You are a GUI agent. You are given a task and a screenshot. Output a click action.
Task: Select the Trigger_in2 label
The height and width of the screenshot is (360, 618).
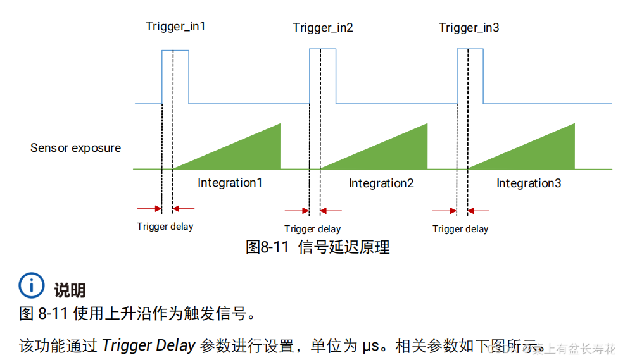point(323,28)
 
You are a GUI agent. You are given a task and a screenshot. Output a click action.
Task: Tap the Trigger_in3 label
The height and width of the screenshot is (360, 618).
point(469,28)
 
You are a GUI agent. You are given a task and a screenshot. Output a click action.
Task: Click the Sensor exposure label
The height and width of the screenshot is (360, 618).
point(75,148)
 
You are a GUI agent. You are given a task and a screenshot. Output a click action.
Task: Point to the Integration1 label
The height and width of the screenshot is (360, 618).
point(230,183)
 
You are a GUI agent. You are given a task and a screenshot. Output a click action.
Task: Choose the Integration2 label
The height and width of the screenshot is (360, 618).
point(381,183)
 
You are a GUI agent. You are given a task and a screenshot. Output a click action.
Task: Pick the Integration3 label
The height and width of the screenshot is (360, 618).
point(529,183)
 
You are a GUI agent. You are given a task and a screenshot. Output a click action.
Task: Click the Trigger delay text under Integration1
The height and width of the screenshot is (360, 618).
point(165,226)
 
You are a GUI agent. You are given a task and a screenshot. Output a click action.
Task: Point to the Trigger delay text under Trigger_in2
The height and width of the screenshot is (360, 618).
point(312,229)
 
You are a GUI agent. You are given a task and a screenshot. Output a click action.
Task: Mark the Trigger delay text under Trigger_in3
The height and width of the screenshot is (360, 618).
point(460,229)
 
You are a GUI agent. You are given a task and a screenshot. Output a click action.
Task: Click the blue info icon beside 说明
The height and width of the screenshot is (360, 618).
point(32,285)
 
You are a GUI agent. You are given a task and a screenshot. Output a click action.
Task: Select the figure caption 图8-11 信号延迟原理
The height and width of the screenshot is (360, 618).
point(317,247)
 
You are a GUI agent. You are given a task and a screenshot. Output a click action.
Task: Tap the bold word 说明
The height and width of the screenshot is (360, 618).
point(70,290)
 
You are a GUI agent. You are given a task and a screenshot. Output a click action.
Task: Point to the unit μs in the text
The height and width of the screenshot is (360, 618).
point(370,346)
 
